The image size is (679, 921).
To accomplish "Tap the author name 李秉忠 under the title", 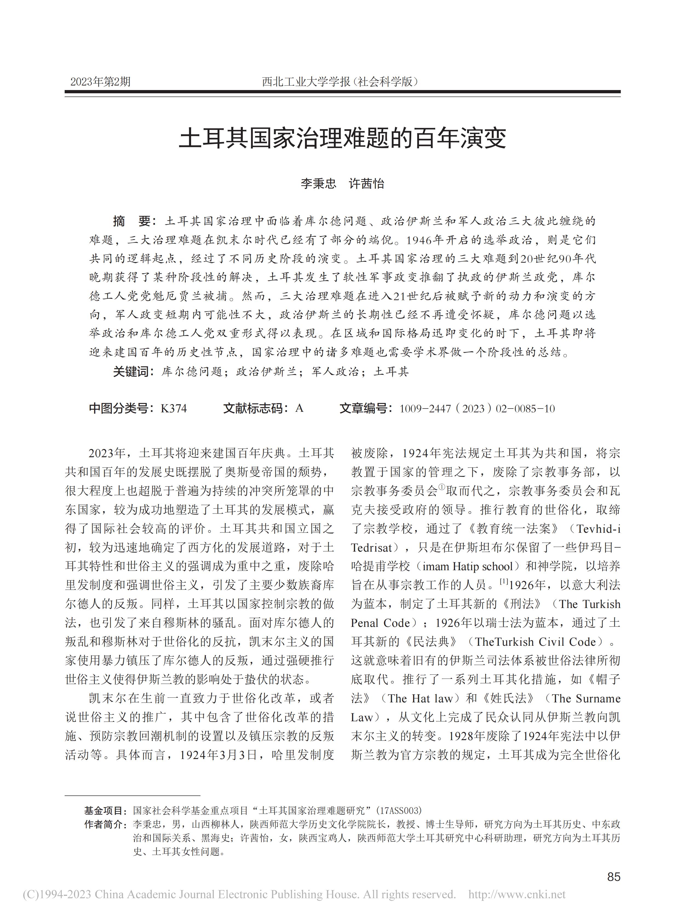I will [318, 184].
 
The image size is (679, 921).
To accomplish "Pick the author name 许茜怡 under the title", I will [366, 184].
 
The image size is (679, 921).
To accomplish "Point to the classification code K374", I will [174, 408].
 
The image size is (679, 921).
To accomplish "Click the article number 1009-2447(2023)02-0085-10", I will [477, 408].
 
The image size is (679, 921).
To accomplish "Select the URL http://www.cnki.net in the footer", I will [517, 894].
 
